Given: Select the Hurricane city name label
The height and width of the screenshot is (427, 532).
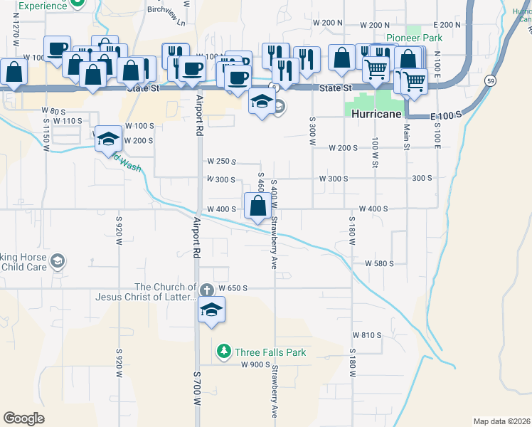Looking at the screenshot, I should click(x=374, y=114).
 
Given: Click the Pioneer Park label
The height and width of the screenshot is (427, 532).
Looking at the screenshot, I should click(x=414, y=37).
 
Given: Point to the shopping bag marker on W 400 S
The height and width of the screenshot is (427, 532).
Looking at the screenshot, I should click(x=257, y=206).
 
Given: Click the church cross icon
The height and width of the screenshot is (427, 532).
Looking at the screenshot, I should click(x=206, y=290).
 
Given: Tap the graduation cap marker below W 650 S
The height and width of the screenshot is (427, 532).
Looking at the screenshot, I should click(x=211, y=310).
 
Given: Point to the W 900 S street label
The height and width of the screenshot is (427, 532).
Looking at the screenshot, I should click(x=254, y=364).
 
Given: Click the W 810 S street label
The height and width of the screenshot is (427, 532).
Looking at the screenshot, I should click(x=368, y=334).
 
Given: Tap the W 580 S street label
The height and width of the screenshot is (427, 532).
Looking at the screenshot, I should click(x=379, y=263).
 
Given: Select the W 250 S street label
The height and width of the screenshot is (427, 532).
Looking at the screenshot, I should click(x=220, y=162).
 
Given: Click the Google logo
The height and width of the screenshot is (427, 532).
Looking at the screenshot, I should click(x=23, y=418).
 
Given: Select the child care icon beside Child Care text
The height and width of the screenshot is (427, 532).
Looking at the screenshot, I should click(x=57, y=262).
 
